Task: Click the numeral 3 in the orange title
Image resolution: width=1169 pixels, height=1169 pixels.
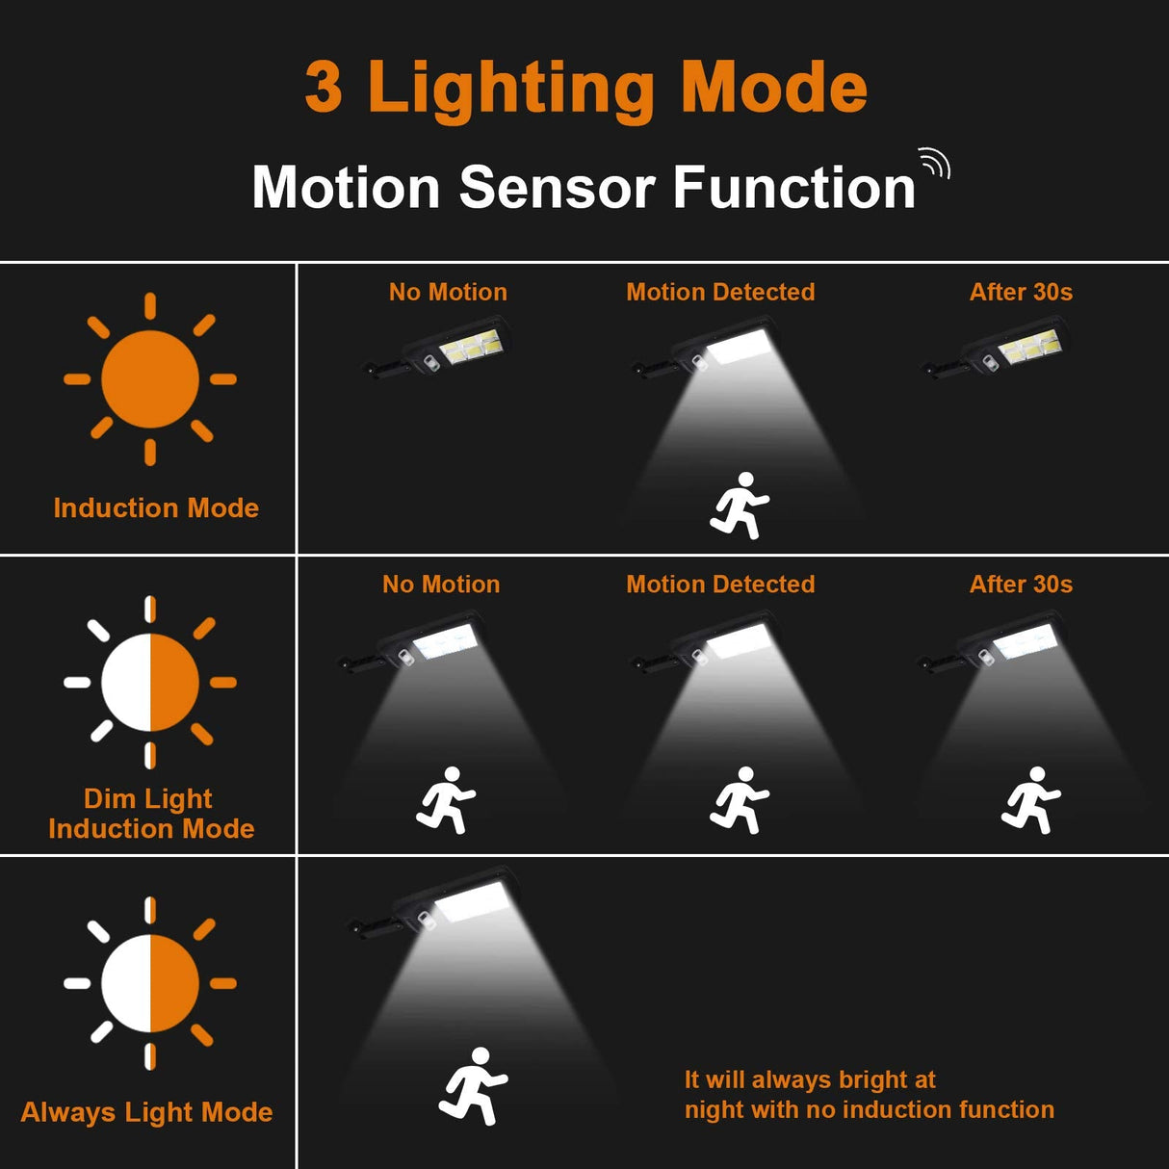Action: pyautogui.click(x=324, y=88)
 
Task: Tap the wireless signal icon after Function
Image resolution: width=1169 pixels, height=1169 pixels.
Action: pyautogui.click(x=935, y=164)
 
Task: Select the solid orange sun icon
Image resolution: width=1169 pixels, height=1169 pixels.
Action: pyautogui.click(x=150, y=379)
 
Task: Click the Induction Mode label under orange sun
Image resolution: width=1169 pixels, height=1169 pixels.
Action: pyautogui.click(x=156, y=507)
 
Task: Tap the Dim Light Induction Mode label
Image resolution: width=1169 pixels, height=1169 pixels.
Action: pyautogui.click(x=151, y=814)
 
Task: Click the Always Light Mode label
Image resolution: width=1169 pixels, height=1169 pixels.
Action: pyautogui.click(x=146, y=1112)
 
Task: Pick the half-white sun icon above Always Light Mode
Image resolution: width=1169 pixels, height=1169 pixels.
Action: pyautogui.click(x=150, y=983)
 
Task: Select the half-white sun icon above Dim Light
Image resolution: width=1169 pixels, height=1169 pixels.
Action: pyautogui.click(x=150, y=682)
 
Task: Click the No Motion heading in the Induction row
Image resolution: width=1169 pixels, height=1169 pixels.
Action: pyautogui.click(x=448, y=292)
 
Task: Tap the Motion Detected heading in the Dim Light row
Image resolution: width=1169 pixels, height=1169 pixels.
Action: pyautogui.click(x=720, y=584)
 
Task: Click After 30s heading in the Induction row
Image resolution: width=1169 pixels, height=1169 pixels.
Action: pyautogui.click(x=1021, y=292)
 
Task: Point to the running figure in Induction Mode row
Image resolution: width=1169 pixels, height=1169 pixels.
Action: pyautogui.click(x=740, y=506)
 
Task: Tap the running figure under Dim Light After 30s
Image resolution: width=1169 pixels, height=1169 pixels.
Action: pyautogui.click(x=1030, y=800)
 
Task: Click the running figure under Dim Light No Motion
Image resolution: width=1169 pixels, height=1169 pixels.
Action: pyautogui.click(x=446, y=800)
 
